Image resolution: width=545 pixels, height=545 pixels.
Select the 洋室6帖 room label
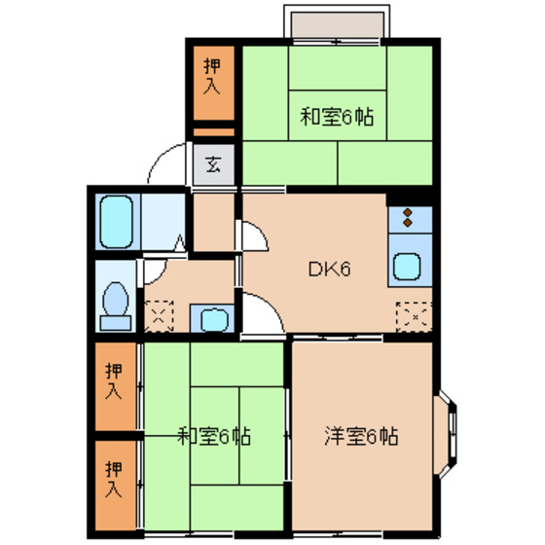[361, 435]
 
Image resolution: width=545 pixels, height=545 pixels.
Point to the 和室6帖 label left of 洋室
[214, 435]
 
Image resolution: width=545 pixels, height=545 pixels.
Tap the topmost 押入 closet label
[213, 78]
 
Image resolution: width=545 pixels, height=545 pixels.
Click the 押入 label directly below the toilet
[116, 382]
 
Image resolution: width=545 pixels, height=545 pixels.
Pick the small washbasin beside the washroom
[211, 317]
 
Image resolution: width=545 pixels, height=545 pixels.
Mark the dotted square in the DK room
[412, 315]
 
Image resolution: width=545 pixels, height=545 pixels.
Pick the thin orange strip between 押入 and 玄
[213, 131]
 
